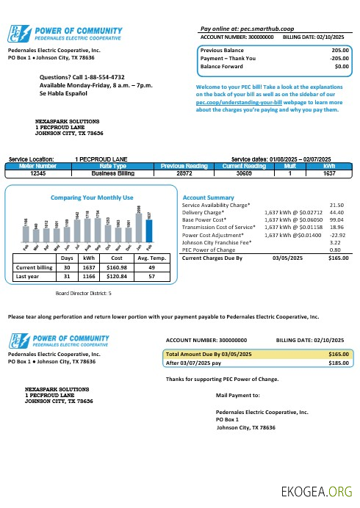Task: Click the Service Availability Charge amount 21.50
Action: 337,206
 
